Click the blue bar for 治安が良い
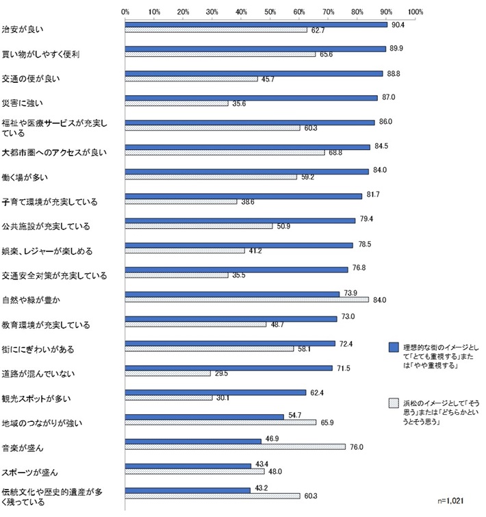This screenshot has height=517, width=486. (256, 25)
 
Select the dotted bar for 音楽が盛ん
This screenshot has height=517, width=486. (235, 447)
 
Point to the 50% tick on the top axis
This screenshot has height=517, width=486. (270, 12)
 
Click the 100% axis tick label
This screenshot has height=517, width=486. (415, 12)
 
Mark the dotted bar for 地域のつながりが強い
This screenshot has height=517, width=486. (220, 423)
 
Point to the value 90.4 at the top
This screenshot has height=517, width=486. (397, 25)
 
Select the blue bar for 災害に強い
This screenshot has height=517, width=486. (251, 98)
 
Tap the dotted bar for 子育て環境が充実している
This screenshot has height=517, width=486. (181, 202)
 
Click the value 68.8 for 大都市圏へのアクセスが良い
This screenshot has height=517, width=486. (335, 153)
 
